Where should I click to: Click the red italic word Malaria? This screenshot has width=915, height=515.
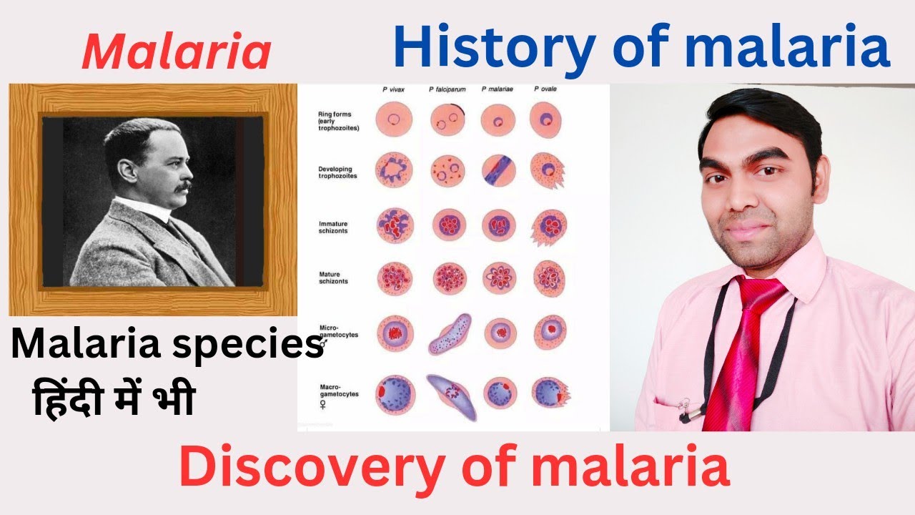point(176,52)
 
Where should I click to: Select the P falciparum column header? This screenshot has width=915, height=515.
point(447,89)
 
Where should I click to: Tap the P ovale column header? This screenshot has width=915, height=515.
point(546,89)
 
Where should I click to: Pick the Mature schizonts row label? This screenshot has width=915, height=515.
point(333,278)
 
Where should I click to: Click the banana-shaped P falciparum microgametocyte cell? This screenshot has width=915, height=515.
point(449,333)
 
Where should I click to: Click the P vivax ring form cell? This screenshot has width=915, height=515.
point(393,119)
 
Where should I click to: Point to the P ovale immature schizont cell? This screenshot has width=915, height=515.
point(547,227)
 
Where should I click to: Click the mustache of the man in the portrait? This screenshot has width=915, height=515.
point(183,187)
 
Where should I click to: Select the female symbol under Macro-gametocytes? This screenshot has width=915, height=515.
point(322,404)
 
